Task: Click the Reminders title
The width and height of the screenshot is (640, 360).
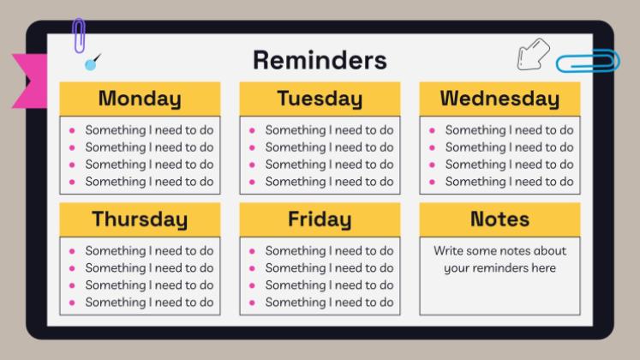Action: tap(320, 60)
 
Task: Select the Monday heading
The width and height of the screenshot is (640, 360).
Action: tap(140, 99)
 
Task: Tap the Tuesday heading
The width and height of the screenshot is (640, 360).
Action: tap(320, 99)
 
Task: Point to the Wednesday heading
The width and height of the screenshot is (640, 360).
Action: tap(499, 99)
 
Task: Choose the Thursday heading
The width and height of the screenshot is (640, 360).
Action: tap(140, 219)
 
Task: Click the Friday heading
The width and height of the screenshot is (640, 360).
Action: tap(320, 219)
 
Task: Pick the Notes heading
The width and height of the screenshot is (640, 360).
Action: tap(499, 219)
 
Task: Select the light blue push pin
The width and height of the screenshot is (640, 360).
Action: tap(91, 64)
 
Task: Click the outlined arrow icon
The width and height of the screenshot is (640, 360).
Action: tap(533, 54)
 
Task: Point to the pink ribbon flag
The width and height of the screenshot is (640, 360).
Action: tap(29, 81)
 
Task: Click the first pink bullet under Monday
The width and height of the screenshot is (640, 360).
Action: tap(72, 130)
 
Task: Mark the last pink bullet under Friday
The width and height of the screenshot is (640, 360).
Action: tap(252, 303)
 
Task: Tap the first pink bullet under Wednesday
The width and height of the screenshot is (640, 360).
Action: tap(433, 130)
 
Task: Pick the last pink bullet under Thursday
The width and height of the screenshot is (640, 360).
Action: tap(72, 303)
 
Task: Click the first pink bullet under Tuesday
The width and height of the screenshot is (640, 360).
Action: tap(252, 130)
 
